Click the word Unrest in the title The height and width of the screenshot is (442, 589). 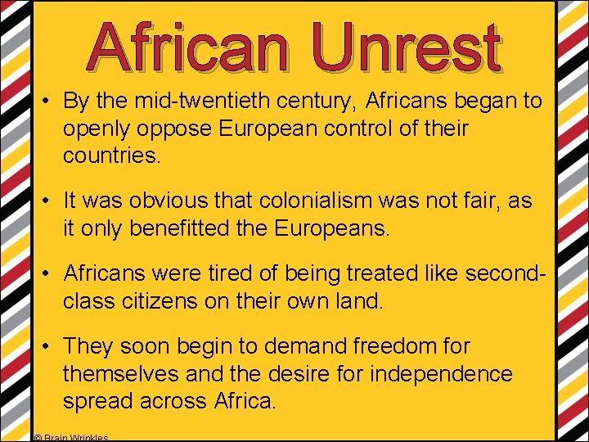click(407, 47)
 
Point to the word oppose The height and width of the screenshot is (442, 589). click(182, 129)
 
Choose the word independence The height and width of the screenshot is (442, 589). click(441, 374)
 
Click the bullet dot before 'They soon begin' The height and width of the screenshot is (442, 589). click(49, 347)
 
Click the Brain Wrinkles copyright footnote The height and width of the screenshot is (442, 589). click(72, 438)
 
